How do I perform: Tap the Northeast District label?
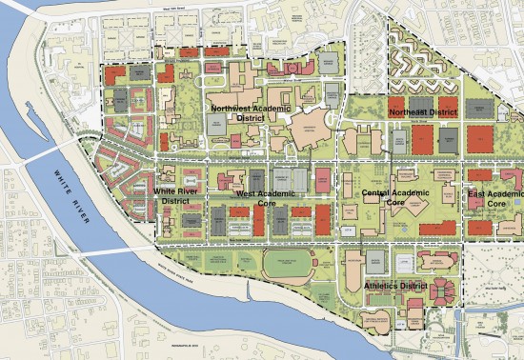tap(422, 111)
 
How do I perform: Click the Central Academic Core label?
tap(385, 198)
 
